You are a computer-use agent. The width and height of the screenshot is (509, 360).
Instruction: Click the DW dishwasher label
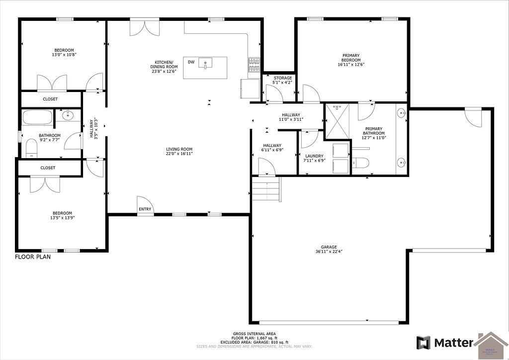point(191,62)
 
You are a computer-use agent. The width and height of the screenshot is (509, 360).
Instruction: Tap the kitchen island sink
point(205,63)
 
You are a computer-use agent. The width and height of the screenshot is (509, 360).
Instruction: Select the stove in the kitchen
point(254,64)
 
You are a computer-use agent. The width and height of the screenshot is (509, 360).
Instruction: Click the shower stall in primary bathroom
point(337,121)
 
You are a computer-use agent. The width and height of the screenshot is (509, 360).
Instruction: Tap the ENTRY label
point(145,209)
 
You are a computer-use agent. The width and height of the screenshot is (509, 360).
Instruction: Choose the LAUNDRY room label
point(314,156)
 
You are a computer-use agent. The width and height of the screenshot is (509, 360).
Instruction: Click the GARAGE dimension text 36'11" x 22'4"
point(329,252)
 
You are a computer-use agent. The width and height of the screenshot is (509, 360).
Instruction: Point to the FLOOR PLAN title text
point(32,257)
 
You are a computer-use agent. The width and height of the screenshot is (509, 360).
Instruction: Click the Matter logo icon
point(423,343)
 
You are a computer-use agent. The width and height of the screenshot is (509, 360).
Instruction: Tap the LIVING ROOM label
point(179,149)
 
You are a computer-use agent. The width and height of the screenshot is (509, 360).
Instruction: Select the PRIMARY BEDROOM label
point(350,58)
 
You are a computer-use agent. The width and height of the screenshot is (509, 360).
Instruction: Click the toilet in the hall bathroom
point(31,148)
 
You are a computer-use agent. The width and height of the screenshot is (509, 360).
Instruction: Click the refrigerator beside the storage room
point(250,89)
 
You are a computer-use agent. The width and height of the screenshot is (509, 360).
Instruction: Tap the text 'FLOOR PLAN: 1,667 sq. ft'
point(254,338)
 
